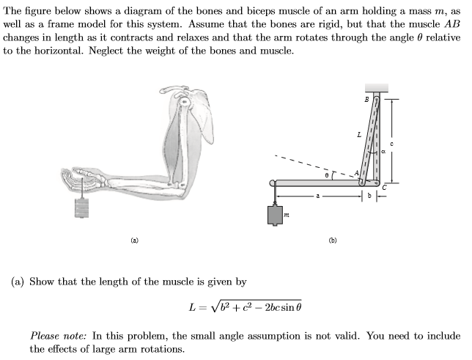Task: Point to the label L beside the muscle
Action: click(358, 134)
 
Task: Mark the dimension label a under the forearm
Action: click(317, 196)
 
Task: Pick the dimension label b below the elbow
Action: click(372, 196)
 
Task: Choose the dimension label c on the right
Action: click(393, 143)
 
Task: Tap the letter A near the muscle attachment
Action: click(357, 173)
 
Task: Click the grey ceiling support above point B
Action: click(377, 87)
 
